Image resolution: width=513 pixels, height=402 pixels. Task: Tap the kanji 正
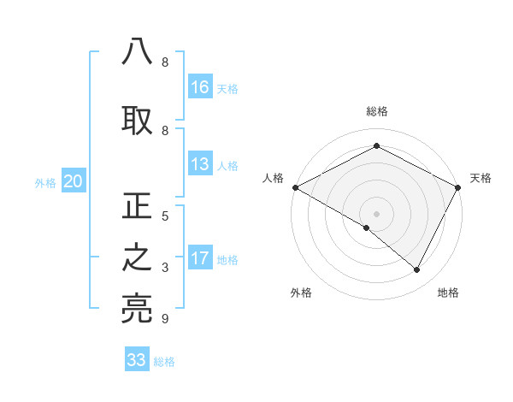coord(137,208)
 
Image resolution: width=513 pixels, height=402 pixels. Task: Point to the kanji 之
coord(137,259)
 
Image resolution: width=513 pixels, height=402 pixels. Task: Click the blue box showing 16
coord(200,87)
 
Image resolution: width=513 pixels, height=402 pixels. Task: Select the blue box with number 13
coord(200,165)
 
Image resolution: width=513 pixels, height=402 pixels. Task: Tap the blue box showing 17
coord(200,258)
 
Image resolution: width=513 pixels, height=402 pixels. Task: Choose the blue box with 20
coord(74,181)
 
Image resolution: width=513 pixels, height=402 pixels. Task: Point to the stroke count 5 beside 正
coord(165,216)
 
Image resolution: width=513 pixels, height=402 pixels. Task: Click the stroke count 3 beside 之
coord(165,268)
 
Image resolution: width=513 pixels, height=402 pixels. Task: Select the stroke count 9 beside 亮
coord(165,319)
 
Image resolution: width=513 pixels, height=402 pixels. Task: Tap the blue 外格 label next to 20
coord(45,182)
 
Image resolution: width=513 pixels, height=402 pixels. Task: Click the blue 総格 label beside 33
coord(164,361)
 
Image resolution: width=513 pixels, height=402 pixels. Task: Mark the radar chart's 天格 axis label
coord(481,178)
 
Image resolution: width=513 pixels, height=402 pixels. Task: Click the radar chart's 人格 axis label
coord(273,178)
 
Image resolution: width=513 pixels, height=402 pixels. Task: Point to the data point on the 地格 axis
coord(417,270)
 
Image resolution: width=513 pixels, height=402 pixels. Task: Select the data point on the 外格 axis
coord(367,228)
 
